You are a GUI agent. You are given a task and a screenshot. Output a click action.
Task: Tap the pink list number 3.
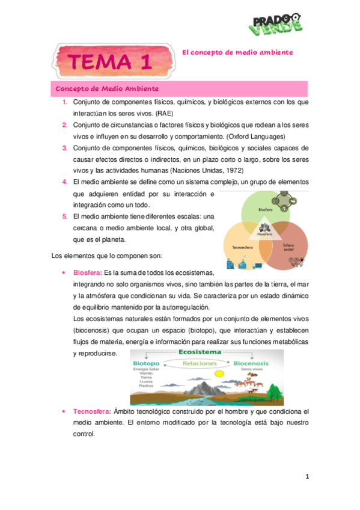(65, 148)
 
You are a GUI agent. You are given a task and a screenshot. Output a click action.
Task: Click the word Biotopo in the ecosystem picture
(146, 363)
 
